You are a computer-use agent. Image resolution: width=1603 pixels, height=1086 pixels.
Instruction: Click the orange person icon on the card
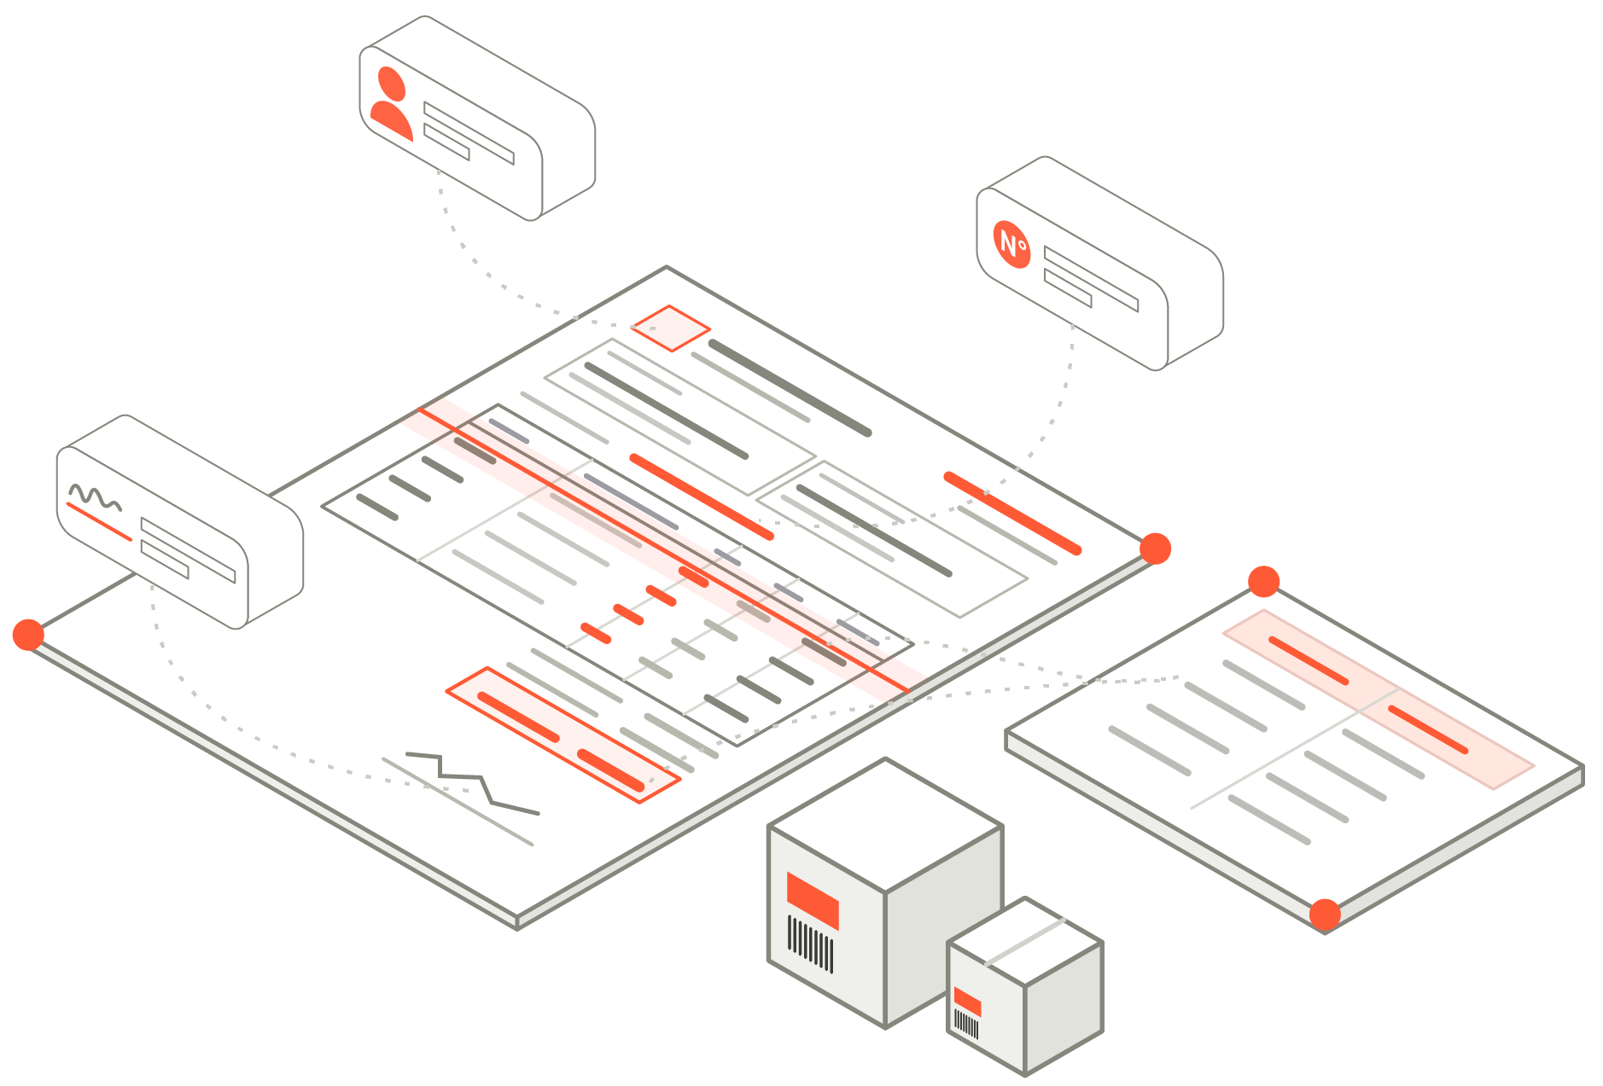coord(391,105)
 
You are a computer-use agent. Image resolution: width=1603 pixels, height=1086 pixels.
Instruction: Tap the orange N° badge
coord(1012,244)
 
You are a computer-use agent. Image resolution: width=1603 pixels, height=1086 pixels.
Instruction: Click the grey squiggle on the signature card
coord(95,497)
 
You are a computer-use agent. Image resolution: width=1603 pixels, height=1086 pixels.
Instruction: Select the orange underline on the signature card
coord(99,522)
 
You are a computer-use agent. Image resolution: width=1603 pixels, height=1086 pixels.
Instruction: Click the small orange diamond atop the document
coord(671,328)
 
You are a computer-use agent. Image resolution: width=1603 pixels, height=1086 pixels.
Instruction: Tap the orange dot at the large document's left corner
coord(28,635)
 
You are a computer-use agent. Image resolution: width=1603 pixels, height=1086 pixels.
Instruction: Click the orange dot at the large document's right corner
coord(1155,549)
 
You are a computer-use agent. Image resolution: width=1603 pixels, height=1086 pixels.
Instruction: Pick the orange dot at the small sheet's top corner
coord(1264,582)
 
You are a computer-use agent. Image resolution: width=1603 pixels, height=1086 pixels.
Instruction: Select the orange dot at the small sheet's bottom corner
coord(1325,915)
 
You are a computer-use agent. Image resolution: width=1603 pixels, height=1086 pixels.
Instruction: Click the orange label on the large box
coord(813,901)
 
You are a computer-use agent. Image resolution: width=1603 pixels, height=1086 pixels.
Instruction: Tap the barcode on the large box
coord(810,944)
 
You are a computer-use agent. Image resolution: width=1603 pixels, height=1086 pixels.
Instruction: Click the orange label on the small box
coord(967,1002)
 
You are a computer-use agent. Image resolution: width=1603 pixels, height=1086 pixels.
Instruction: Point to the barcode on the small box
coord(966,1024)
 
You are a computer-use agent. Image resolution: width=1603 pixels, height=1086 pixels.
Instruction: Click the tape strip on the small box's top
coord(1025,942)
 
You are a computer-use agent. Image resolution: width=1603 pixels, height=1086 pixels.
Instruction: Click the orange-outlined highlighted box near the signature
coord(563,735)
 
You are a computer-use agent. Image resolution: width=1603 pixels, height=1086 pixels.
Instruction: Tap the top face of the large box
coord(885,826)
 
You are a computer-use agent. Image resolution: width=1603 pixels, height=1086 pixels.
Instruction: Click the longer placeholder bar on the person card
coord(469,133)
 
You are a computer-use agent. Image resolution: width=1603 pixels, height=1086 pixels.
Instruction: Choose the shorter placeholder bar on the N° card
coord(1068,287)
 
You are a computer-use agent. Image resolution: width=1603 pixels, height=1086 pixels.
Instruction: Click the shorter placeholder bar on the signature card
coord(165,560)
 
